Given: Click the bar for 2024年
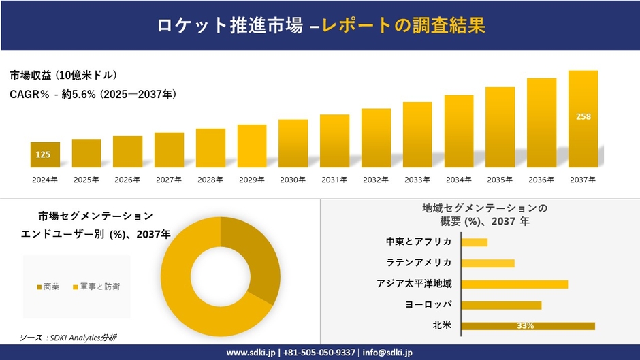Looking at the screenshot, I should pos(45,155).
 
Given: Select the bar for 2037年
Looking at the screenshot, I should pos(583,119).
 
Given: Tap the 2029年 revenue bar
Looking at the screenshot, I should pos(252,146).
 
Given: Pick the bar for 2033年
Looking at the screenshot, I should pos(417,135).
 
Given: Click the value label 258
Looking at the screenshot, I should pos(583,117).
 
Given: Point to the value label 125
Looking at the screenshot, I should pos(43,155).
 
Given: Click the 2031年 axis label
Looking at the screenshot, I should pos(334,180).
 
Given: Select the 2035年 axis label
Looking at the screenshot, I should pos(500,180).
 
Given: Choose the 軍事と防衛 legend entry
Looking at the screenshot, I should pos(96,287).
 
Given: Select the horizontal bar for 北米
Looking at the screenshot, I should pos(528,326).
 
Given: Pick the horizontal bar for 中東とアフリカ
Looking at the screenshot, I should pos(475,242).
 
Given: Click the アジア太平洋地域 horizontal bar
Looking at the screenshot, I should pos(514,284).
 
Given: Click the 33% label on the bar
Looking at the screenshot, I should pos(526,326).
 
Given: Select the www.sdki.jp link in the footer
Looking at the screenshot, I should pos(251,353).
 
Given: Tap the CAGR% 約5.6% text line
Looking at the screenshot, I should pos(93,95).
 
